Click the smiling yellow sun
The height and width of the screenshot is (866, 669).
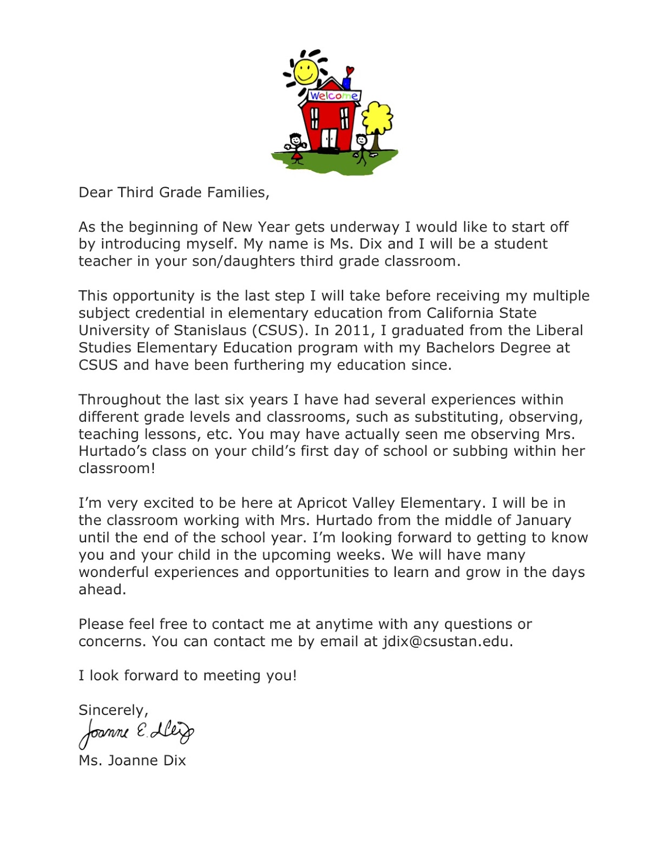(x=306, y=71)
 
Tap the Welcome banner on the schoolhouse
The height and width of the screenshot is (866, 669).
(x=333, y=96)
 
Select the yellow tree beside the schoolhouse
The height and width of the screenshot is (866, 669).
(x=377, y=117)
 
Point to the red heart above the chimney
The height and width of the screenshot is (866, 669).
(x=350, y=70)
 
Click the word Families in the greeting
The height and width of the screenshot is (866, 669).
(x=241, y=193)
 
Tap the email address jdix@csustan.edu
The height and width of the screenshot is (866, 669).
(x=445, y=641)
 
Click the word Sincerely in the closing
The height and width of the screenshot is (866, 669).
(x=113, y=710)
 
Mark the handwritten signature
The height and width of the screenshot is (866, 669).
(x=136, y=733)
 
